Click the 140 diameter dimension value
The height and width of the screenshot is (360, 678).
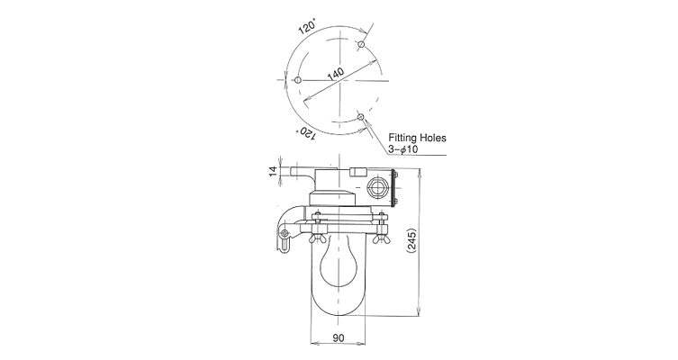click(336, 74)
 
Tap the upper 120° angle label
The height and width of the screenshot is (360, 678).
click(307, 27)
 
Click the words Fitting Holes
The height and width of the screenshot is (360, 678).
click(417, 138)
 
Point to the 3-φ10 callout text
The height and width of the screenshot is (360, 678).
click(403, 149)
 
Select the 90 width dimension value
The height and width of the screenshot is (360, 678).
click(339, 337)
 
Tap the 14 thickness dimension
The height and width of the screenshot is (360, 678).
click(274, 172)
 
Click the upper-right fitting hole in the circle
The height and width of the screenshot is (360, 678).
click(361, 44)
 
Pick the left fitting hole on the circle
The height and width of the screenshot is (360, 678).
click(297, 79)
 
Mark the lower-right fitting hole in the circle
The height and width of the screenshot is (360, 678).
click(361, 116)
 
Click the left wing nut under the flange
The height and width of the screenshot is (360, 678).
click(318, 238)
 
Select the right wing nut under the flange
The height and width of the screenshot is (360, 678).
click(381, 238)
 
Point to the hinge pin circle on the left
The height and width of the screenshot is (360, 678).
click(285, 234)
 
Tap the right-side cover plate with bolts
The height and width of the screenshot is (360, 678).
click(393, 188)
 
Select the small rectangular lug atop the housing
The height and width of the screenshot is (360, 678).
click(358, 172)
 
